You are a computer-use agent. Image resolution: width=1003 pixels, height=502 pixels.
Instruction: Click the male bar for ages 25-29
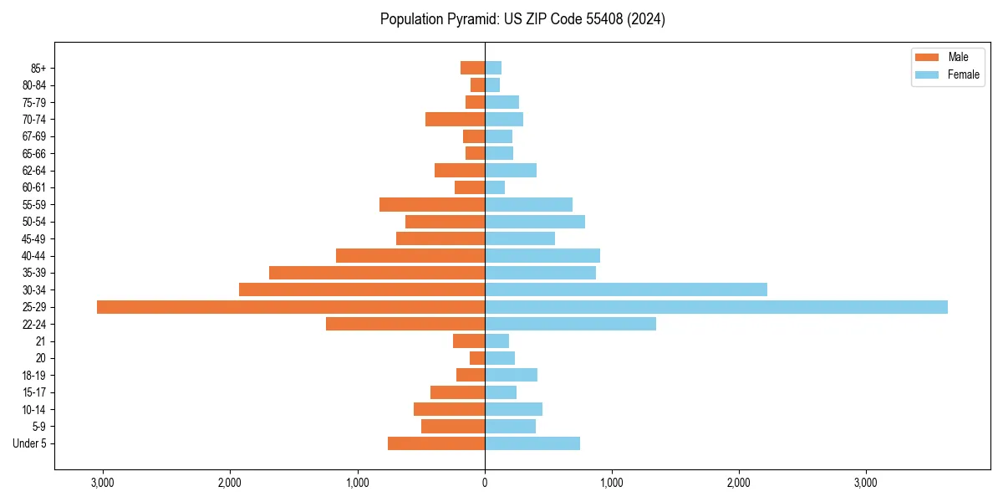click(291, 307)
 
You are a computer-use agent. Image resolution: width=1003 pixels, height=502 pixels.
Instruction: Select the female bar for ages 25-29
click(716, 307)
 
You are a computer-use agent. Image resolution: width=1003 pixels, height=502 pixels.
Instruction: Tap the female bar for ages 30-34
click(626, 289)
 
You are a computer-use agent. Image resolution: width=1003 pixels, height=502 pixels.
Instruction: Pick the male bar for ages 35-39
click(377, 273)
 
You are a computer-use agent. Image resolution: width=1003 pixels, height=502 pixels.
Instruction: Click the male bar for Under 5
click(436, 443)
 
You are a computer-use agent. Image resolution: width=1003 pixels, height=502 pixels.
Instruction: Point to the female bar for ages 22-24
click(570, 324)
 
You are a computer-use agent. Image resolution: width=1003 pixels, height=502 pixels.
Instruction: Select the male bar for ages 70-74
click(455, 119)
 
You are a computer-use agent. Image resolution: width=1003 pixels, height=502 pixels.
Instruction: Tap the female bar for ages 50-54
click(535, 222)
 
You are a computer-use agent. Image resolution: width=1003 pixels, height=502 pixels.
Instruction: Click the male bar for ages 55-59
click(432, 204)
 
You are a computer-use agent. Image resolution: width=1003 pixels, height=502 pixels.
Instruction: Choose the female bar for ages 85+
click(493, 68)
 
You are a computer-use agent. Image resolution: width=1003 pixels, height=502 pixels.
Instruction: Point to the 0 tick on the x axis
click(485, 483)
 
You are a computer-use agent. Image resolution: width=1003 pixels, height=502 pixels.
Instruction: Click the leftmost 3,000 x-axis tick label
click(103, 483)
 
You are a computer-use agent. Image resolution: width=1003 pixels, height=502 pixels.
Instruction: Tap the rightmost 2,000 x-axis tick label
click(739, 483)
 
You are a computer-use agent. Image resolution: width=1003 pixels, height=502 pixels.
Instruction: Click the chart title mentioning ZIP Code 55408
click(522, 19)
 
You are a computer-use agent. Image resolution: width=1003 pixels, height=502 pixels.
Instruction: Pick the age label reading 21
click(40, 341)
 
